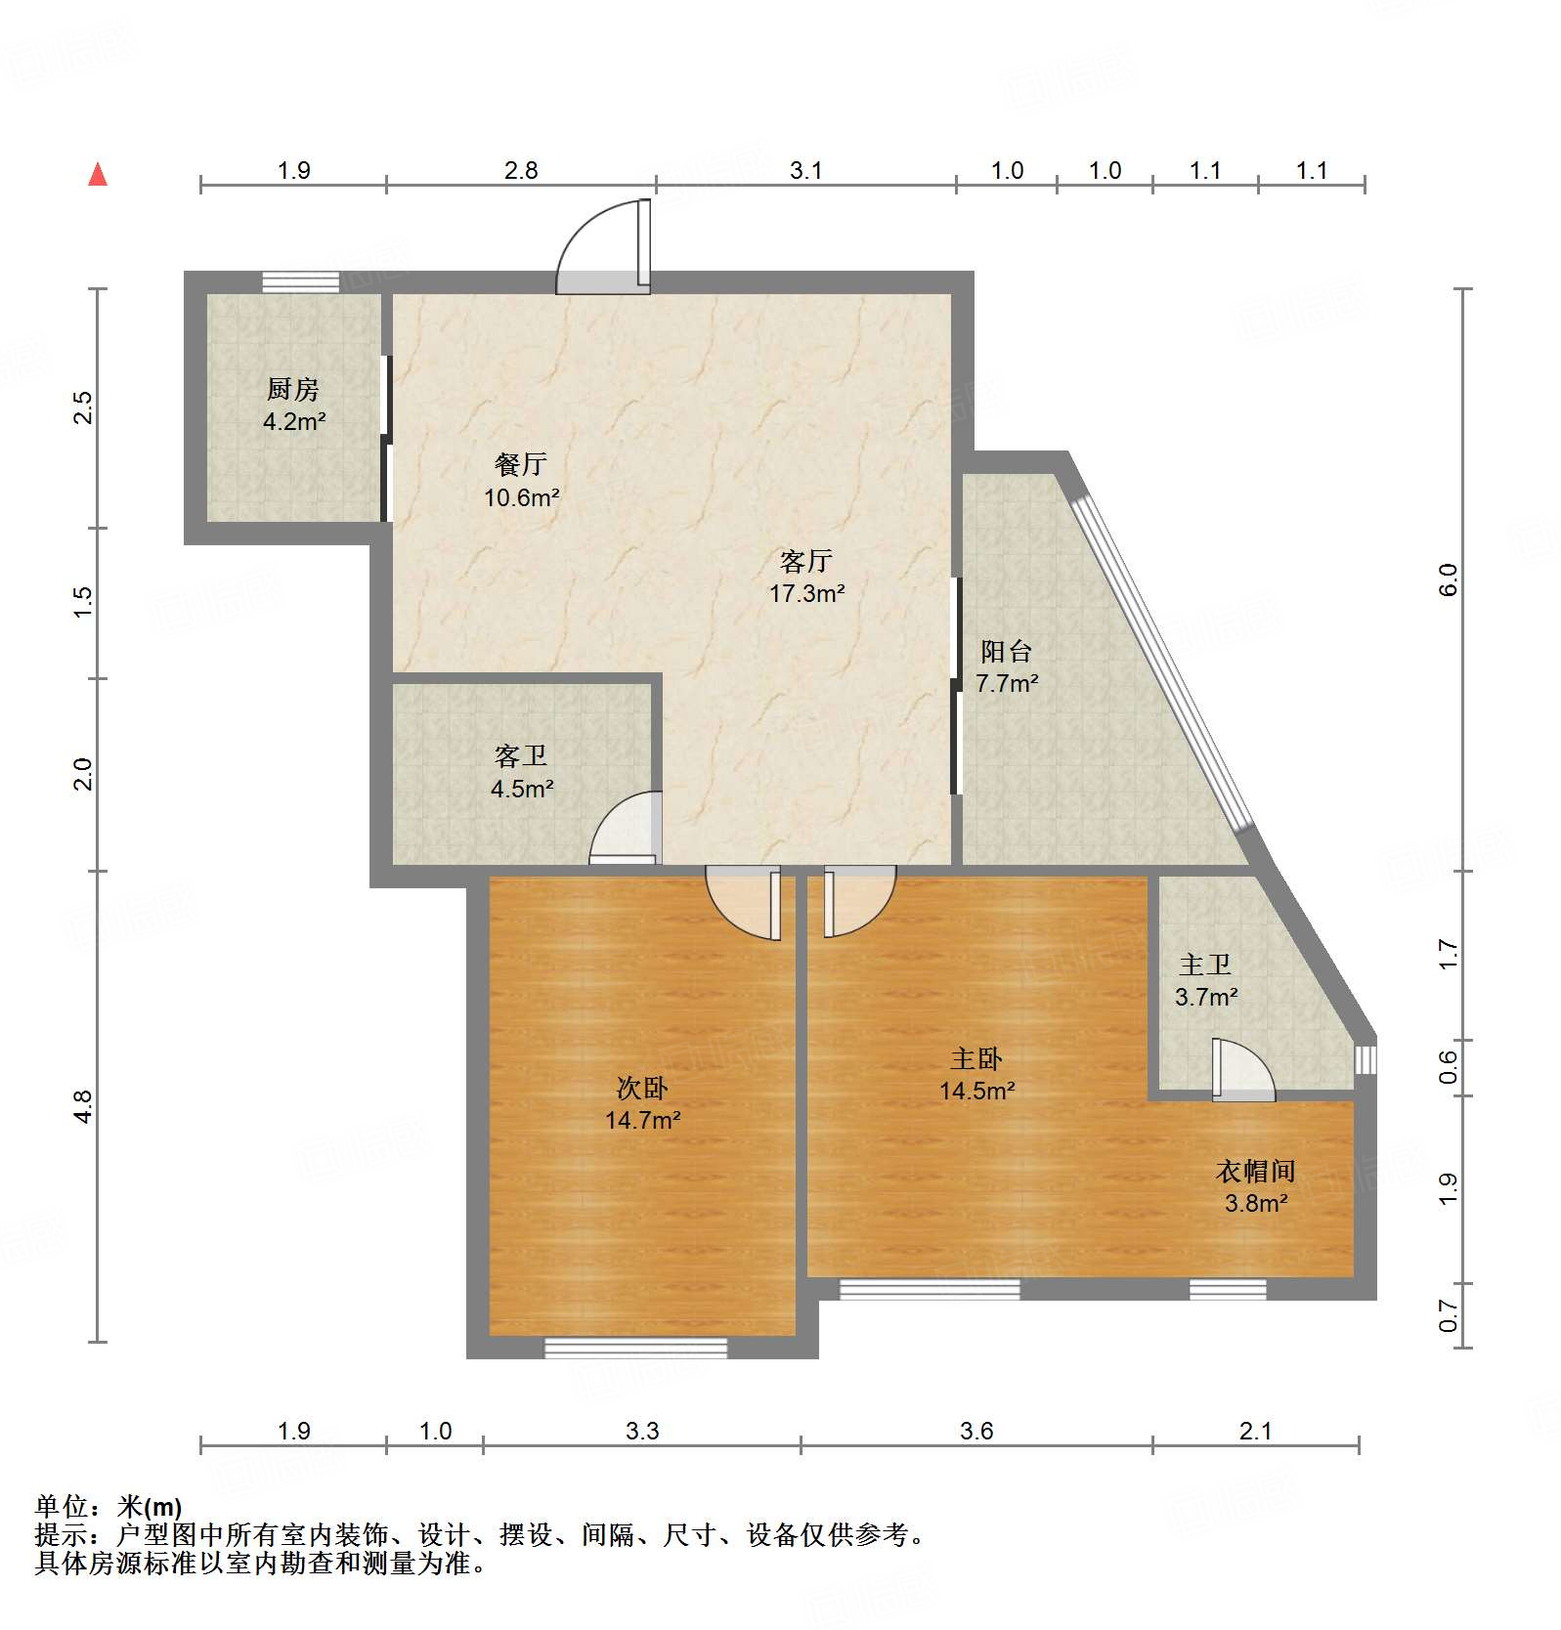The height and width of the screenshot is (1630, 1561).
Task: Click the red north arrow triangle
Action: tap(98, 175)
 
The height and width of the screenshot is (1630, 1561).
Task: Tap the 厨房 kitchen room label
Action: tap(293, 389)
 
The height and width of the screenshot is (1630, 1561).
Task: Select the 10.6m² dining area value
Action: tap(521, 497)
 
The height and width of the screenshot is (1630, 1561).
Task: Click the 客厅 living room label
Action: tap(806, 561)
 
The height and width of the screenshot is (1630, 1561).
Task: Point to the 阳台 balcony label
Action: tap(1006, 652)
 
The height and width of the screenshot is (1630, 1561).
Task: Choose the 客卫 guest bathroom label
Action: tap(521, 755)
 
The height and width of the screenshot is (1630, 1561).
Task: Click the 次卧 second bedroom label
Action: tap(642, 1088)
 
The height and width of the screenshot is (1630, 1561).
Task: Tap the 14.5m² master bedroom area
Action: tap(977, 1091)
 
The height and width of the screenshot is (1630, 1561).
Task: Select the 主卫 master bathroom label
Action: tap(1205, 965)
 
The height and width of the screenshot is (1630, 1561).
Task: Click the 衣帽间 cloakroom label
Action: tap(1255, 1171)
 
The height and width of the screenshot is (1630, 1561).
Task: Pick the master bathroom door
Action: tap(1241, 1070)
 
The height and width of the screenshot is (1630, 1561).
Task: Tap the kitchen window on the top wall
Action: tap(301, 282)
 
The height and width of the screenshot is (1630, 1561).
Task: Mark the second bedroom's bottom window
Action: tap(635, 1349)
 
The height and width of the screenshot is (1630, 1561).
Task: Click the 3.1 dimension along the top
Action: tap(805, 170)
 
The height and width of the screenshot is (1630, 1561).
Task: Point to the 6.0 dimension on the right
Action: tap(1448, 579)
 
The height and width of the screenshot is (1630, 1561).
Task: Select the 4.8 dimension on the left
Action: tap(82, 1106)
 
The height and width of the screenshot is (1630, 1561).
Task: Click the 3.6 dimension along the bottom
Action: tap(976, 1431)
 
